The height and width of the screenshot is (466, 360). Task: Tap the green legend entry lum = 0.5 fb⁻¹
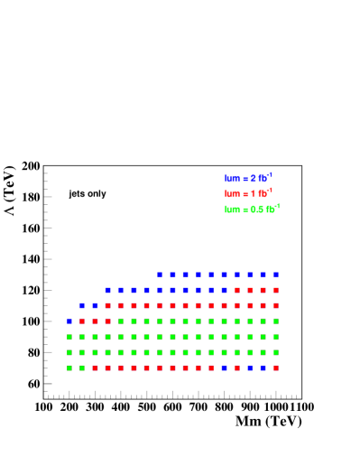[252, 209]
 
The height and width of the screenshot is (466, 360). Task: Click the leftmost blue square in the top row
[160, 275]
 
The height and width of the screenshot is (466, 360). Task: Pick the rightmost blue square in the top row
[276, 275]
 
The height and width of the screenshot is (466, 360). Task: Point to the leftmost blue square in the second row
[107, 290]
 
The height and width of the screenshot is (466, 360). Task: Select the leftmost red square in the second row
[237, 290]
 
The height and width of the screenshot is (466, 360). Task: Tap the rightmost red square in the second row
[276, 290]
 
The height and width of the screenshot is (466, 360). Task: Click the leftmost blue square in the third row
[82, 305]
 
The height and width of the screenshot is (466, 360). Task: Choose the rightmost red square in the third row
[276, 305]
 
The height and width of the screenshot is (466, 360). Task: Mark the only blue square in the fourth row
[69, 321]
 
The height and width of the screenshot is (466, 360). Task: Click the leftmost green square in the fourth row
[121, 321]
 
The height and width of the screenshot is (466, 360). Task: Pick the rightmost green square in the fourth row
[276, 321]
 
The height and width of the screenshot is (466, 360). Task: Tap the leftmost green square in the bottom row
[69, 368]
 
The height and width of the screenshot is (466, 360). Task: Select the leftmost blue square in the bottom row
[224, 368]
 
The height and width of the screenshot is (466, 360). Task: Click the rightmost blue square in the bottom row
[263, 368]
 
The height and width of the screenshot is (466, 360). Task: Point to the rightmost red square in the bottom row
[276, 368]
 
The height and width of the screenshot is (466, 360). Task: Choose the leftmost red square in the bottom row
[95, 368]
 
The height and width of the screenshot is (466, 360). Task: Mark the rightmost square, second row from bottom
[276, 352]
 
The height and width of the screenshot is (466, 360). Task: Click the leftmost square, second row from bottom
[69, 352]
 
